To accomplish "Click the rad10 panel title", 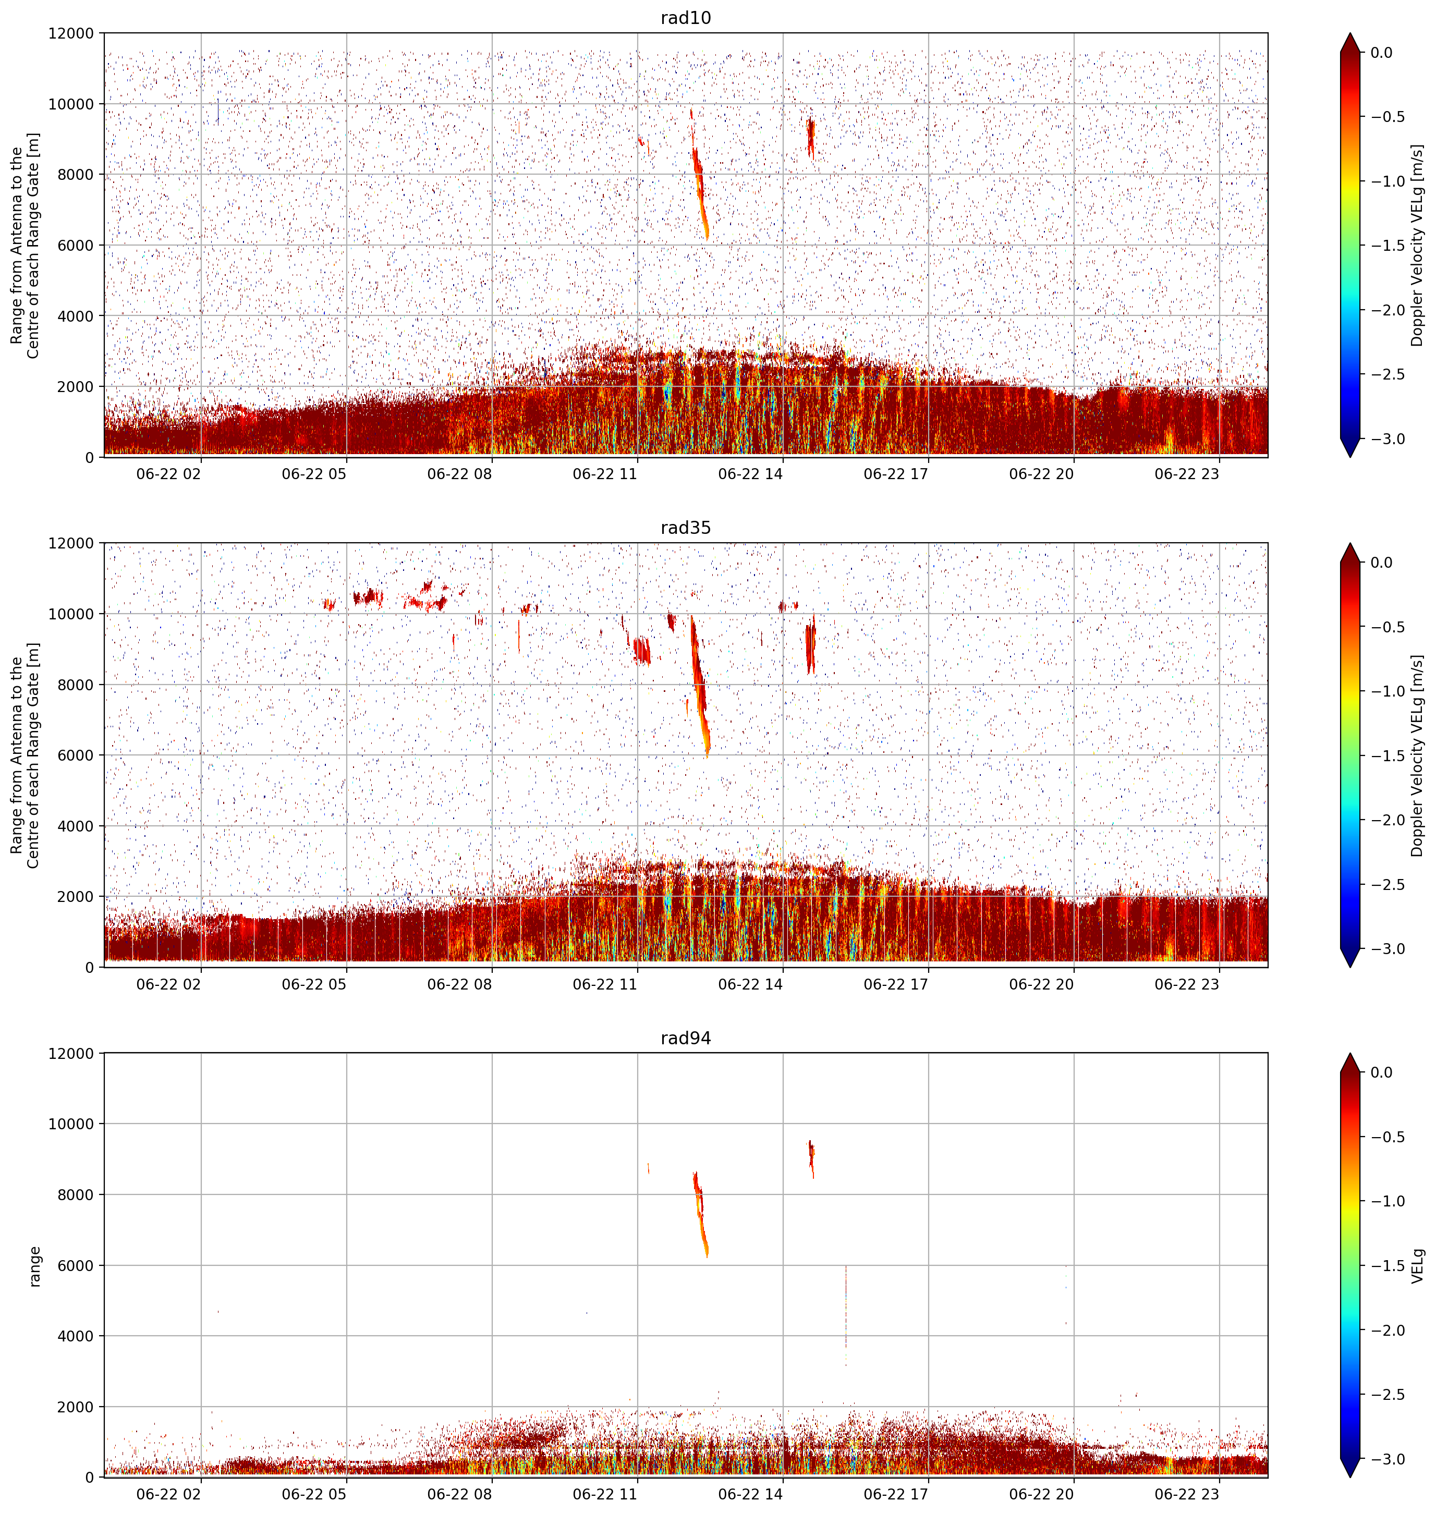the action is [685, 18].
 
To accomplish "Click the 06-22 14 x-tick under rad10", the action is [750, 474].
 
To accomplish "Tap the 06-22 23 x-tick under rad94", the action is [1186, 1494].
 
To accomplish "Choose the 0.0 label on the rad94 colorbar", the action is [1382, 1072].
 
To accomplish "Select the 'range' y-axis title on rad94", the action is [34, 1266].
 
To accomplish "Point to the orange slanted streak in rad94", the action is [700, 1213].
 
